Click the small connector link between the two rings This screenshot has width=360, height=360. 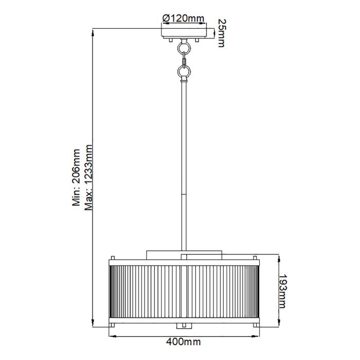[x=184, y=60]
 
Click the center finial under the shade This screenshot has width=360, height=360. [x=184, y=326]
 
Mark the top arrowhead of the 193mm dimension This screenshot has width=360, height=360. [x=278, y=256]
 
